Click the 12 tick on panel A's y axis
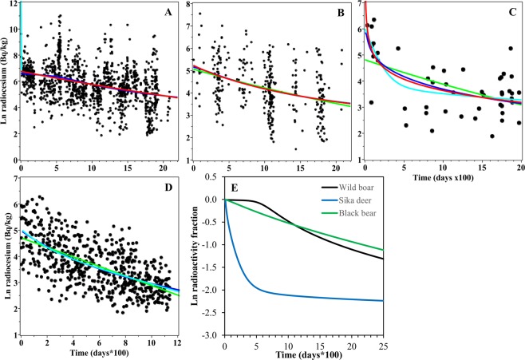12,4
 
